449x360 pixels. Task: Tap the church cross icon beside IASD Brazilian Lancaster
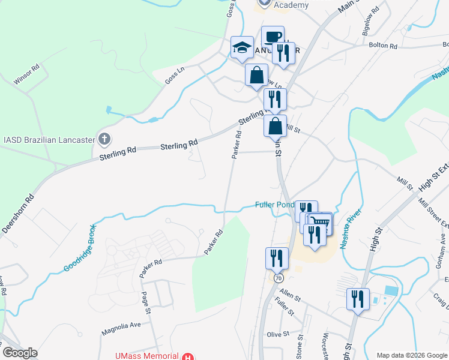click(105, 139)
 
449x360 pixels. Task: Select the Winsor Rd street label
click(27, 75)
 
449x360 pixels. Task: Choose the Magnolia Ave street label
click(121, 325)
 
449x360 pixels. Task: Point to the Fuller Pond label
click(274, 204)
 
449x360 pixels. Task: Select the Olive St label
click(278, 334)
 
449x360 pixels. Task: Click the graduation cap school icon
click(243, 47)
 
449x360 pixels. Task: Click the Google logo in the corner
click(20, 353)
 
